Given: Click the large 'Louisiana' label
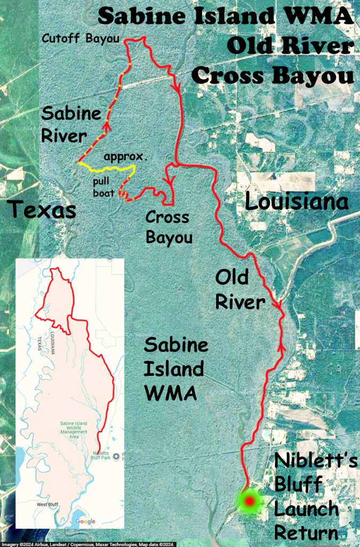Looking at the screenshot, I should coord(296,202).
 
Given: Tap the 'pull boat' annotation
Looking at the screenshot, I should coord(101,187).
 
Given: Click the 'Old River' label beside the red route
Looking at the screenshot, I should coord(240,289).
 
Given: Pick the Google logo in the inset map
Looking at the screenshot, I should coord(85,521).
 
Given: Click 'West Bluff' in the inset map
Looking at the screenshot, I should coord(34,504).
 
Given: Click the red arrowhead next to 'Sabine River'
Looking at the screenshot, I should coord(106,126).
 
